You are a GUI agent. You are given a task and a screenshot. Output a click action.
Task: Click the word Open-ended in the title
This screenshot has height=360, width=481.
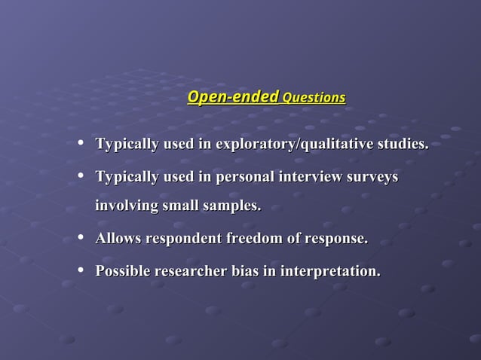[x=232, y=97]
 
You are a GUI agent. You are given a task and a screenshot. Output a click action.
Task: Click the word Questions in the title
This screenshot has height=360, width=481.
[x=314, y=98]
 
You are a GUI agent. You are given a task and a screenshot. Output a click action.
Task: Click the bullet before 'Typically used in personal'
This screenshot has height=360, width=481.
[x=81, y=175]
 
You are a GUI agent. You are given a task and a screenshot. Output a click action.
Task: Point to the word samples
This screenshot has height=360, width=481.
[x=234, y=206]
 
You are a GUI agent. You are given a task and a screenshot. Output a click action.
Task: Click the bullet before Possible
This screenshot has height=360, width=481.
[x=81, y=270]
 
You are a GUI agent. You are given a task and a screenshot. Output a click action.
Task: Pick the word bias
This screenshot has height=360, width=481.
[x=244, y=270]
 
